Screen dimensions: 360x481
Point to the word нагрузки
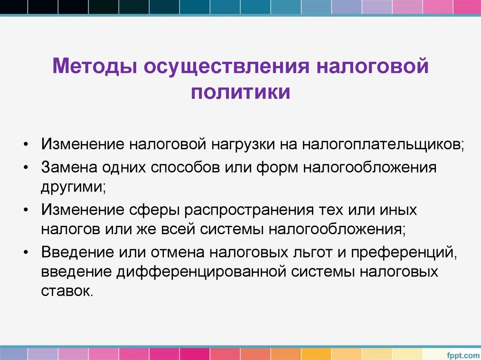click(x=241, y=144)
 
